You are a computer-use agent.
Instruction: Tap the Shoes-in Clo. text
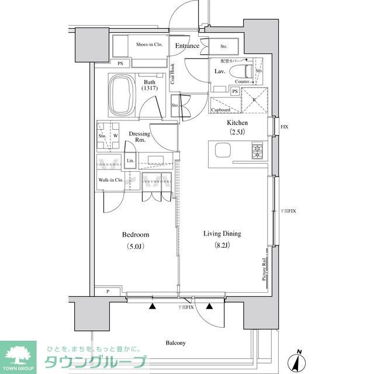click(149, 44)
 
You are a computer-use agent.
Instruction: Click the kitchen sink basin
click(223, 151)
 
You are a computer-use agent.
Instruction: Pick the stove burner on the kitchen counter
click(258, 152)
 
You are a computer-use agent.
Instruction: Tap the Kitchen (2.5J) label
click(237, 127)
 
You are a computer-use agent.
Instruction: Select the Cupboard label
click(220, 109)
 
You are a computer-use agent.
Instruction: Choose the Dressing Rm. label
click(139, 137)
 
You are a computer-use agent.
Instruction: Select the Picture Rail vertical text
click(264, 270)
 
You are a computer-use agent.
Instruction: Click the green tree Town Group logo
click(18, 354)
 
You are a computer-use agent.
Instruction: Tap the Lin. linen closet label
click(130, 161)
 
